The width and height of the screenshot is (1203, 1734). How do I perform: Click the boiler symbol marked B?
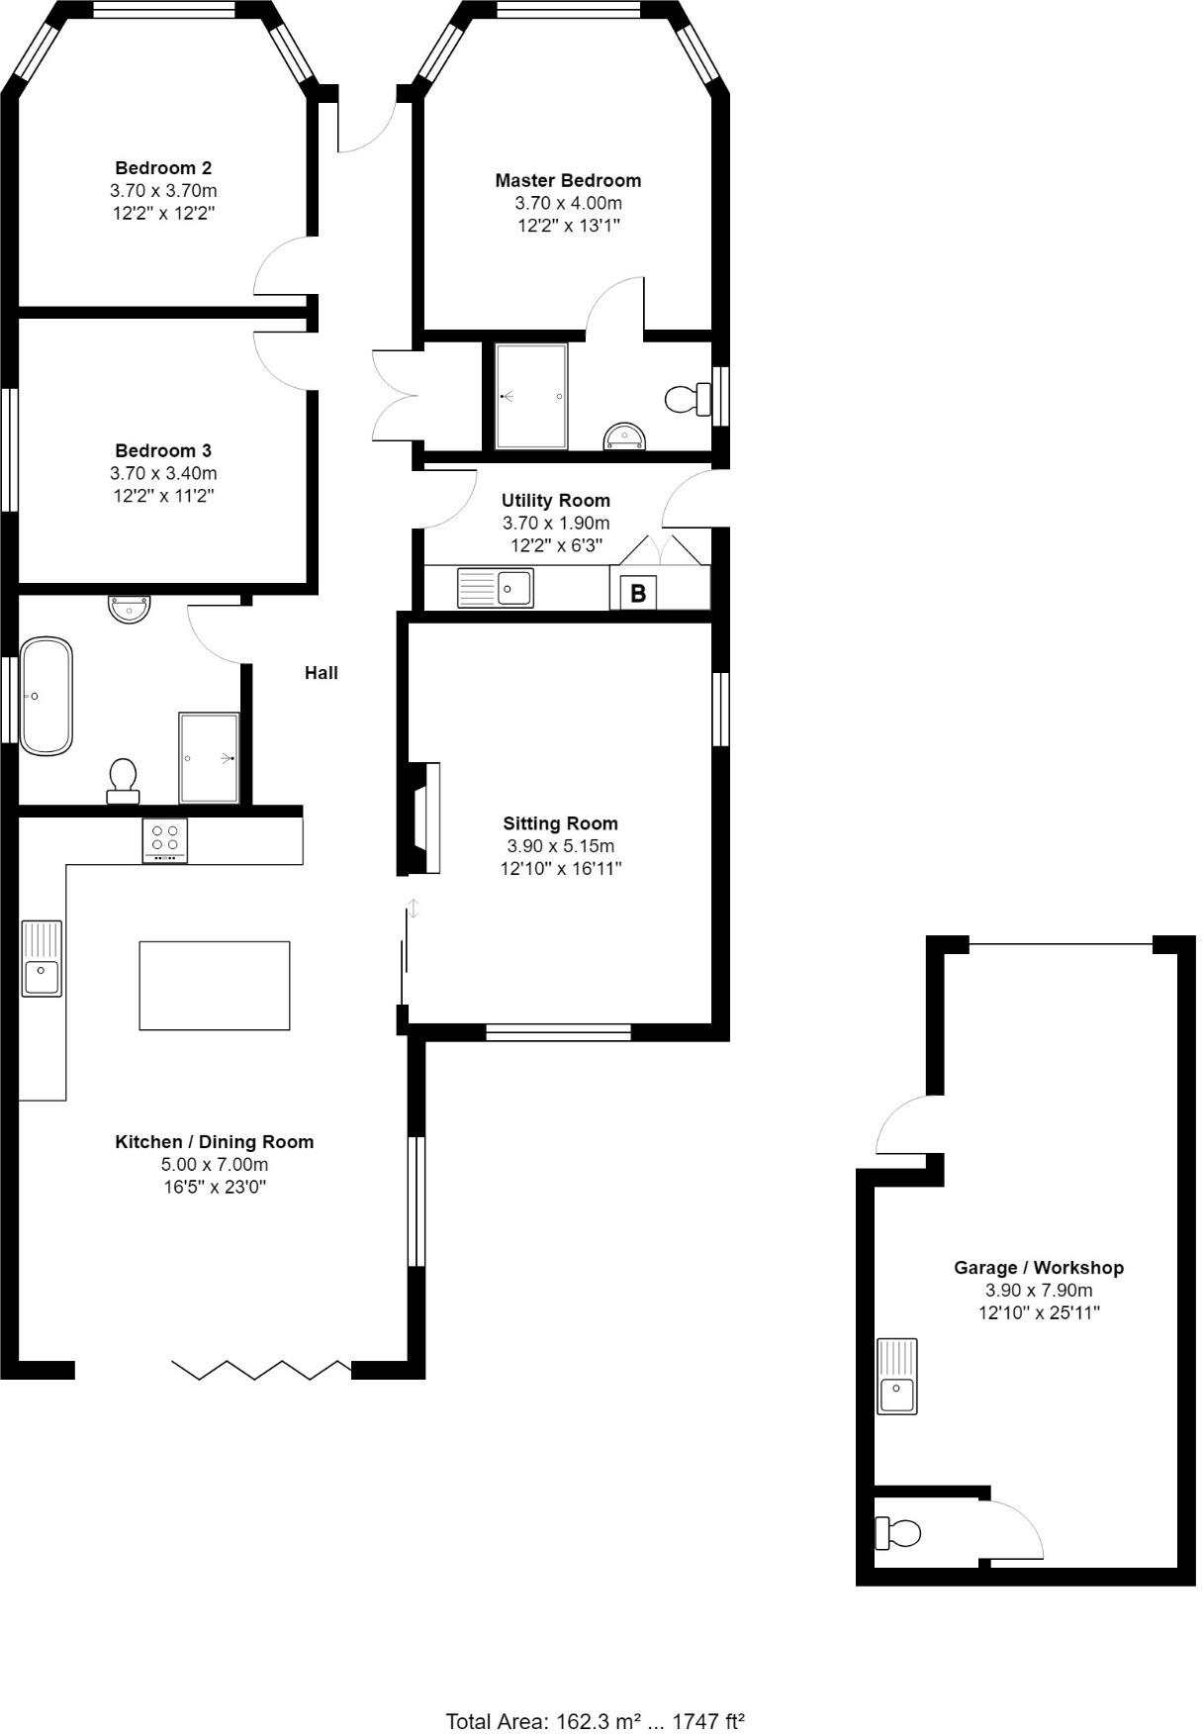pyautogui.click(x=638, y=593)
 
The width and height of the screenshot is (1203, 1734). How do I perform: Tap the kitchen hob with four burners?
pyautogui.click(x=165, y=841)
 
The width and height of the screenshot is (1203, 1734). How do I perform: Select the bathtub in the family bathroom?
pyautogui.click(x=46, y=696)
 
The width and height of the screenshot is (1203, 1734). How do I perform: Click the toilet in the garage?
pyautogui.click(x=898, y=1533)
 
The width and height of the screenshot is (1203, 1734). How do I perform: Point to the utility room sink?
pyautogui.click(x=496, y=588)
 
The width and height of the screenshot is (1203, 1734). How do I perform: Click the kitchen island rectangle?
pyautogui.click(x=214, y=986)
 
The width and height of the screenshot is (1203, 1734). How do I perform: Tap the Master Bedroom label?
pyautogui.click(x=568, y=180)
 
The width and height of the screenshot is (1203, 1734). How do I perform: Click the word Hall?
pyautogui.click(x=322, y=673)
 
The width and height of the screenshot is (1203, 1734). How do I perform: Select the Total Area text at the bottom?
pyautogui.click(x=595, y=1721)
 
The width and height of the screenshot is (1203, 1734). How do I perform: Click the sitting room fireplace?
pyautogui.click(x=423, y=819)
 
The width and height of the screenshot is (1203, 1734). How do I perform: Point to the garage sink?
pyautogui.click(x=897, y=1376)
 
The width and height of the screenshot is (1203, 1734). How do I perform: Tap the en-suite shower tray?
pyautogui.click(x=531, y=396)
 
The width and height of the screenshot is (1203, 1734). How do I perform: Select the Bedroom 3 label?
pyautogui.click(x=163, y=450)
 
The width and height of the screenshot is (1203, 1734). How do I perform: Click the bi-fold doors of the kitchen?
pyautogui.click(x=261, y=1370)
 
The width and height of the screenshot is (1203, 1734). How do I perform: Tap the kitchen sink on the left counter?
pyautogui.click(x=42, y=958)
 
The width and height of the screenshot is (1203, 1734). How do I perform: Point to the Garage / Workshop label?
pyautogui.click(x=1038, y=1267)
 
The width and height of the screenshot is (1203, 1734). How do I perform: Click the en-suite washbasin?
pyautogui.click(x=624, y=435)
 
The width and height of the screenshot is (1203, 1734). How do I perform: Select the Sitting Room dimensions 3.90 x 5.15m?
pyautogui.click(x=560, y=846)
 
